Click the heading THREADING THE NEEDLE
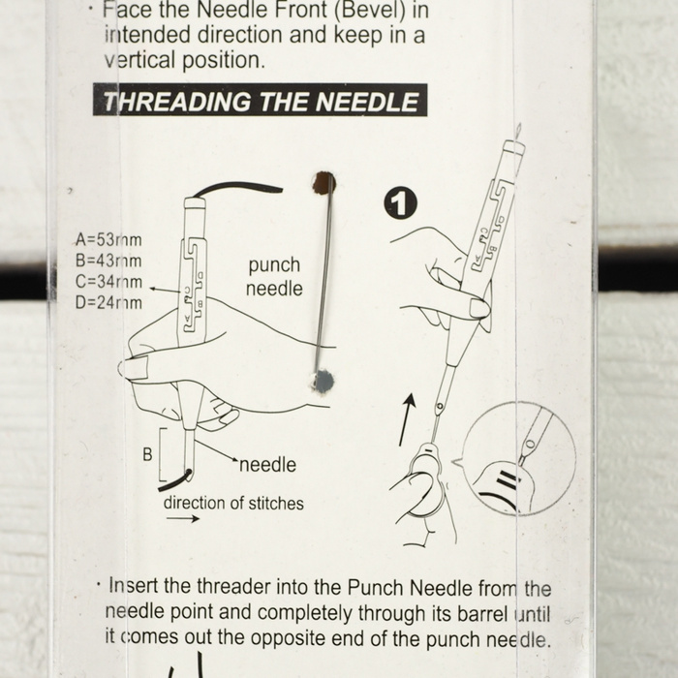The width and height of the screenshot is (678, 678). point(260,102)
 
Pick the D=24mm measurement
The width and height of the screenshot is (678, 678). point(108,302)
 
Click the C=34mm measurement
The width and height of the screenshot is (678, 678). point(108,282)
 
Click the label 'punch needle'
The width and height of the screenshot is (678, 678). point(275,277)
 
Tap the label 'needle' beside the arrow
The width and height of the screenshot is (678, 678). point(267,465)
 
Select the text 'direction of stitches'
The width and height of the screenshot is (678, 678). point(232,503)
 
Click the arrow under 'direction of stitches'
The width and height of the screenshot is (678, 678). point(182,520)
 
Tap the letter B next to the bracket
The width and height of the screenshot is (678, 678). point(148,452)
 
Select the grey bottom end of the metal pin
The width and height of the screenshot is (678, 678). point(324,381)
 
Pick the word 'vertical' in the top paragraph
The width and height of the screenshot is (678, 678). point(144,59)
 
